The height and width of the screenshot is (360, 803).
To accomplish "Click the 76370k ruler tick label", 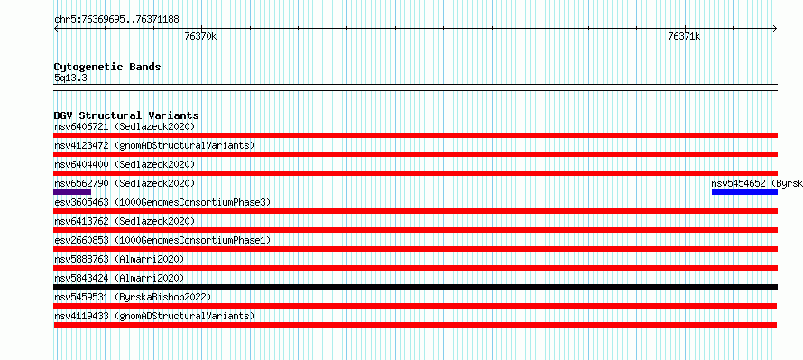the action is point(200,36).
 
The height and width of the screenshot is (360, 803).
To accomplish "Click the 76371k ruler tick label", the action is point(684,36).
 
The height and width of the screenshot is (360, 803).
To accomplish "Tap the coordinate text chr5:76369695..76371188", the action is point(116,20).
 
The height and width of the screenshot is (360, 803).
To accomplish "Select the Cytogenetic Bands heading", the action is point(107,67).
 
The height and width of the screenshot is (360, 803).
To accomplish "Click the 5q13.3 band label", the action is point(70,78).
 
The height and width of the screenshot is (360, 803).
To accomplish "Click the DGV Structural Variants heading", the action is point(126,115).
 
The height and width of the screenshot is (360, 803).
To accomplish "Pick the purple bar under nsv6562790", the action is point(72,192).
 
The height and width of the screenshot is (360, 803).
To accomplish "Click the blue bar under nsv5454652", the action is point(744,192).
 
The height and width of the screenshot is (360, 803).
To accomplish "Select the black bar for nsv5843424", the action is point(416,287).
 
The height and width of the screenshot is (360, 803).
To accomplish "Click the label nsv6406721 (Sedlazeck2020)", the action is point(125,126).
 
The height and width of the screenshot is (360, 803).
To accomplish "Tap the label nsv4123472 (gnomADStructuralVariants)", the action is point(154,145).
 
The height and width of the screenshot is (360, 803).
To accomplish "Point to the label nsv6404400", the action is point(81,164).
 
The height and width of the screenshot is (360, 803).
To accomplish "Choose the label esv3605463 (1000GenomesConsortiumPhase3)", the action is point(162,202).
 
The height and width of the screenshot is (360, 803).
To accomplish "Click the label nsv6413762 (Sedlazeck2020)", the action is point(125,221).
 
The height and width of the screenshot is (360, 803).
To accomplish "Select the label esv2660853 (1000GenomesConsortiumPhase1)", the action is point(162,240).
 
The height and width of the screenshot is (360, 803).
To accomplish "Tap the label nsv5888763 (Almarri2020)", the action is point(119,259).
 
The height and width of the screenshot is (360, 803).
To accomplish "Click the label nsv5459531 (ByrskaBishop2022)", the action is point(133,297).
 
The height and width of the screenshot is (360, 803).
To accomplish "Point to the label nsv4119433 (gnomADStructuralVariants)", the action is point(154,316).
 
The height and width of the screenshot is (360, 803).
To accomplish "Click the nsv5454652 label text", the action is point(738,183).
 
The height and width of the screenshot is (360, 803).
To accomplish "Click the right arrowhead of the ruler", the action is point(776,28).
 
